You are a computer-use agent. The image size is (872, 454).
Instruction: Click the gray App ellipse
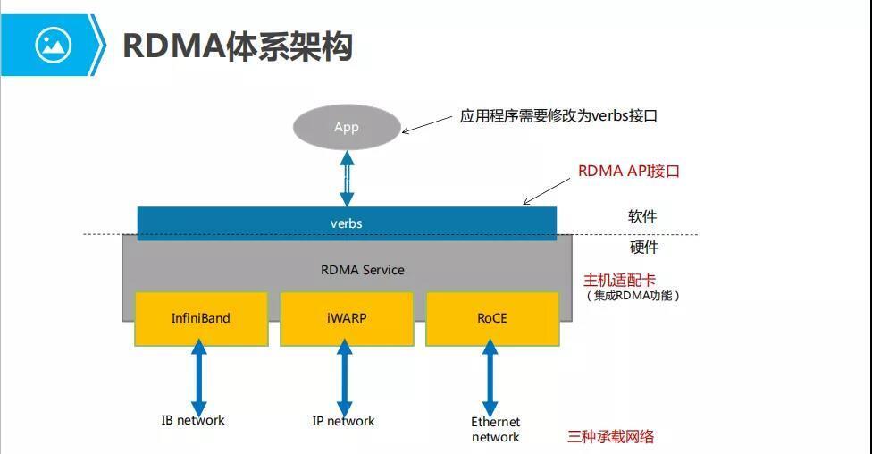(347, 127)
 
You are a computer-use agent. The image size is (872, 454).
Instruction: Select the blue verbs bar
(347, 223)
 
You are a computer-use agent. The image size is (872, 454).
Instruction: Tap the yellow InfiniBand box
(201, 318)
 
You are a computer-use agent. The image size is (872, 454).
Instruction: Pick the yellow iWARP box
(346, 318)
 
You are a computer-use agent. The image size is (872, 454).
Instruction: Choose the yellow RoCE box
(491, 318)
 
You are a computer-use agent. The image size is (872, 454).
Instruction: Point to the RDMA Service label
(363, 270)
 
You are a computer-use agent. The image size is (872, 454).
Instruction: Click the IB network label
(193, 420)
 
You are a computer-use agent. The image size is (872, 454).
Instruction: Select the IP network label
(344, 421)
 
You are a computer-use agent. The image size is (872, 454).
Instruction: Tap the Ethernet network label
(495, 429)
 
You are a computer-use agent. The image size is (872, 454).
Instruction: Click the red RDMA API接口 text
(629, 171)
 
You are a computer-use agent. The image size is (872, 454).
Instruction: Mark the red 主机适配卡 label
(620, 280)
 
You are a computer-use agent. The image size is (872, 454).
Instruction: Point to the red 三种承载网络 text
(611, 436)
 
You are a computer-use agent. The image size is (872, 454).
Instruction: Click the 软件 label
(642, 217)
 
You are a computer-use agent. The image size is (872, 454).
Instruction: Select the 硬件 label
(642, 248)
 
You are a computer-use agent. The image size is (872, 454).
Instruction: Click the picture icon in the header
(53, 44)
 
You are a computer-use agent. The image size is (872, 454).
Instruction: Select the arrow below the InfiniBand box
(199, 377)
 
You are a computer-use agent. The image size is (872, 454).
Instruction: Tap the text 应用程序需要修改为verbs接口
(558, 115)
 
